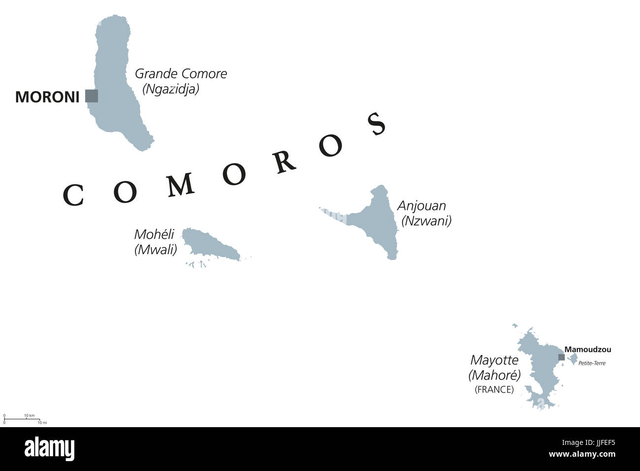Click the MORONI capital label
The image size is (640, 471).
point(47,97)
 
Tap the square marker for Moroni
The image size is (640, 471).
point(91,96)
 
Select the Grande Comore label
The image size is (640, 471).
point(181,74)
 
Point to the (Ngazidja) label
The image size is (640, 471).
point(171,89)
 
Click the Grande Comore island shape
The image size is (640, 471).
point(116,79)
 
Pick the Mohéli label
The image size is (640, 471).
point(154,235)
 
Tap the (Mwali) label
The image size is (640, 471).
point(156,250)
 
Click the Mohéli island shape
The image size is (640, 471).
point(209,244)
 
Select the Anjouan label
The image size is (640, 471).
point(421,205)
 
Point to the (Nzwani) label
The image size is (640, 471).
point(426,221)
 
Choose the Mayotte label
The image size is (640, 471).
point(494,360)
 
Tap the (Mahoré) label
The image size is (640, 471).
point(494,375)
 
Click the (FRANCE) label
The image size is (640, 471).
point(494,390)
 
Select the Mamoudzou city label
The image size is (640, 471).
point(588,350)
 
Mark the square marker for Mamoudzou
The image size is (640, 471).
point(561,357)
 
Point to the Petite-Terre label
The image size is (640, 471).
point(592,364)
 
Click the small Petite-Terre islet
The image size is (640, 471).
point(573,358)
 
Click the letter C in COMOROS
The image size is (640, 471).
point(72,196)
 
